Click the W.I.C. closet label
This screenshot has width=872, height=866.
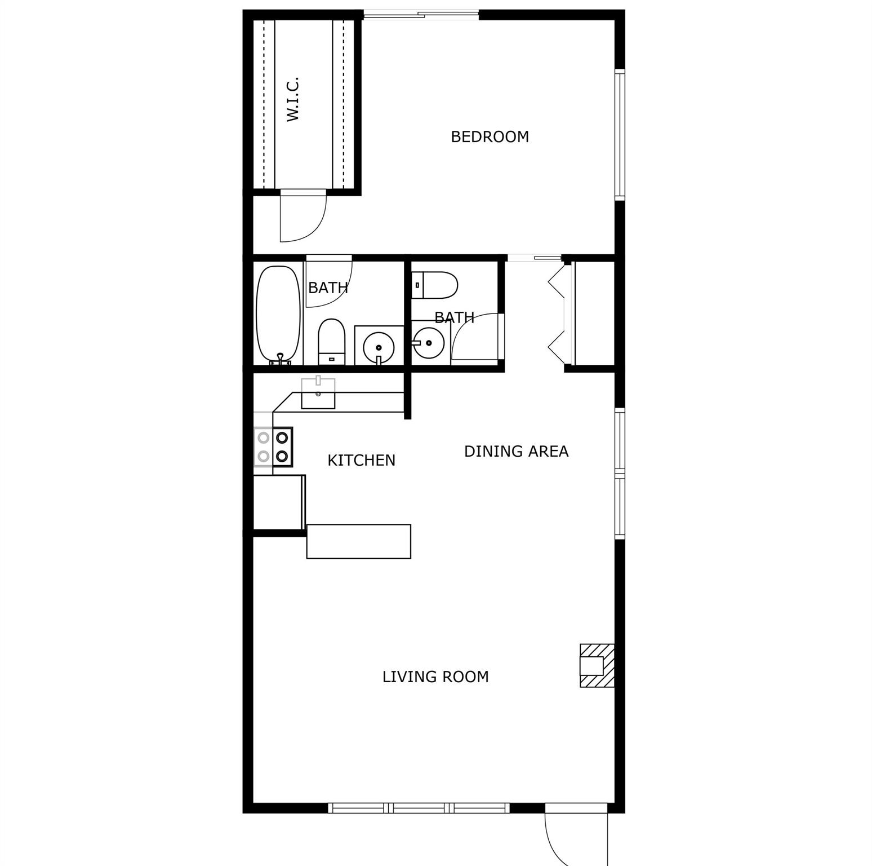click(293, 100)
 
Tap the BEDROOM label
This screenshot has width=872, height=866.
click(490, 137)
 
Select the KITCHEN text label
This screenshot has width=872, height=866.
click(361, 461)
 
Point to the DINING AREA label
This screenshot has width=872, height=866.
click(516, 451)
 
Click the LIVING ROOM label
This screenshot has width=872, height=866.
click(435, 677)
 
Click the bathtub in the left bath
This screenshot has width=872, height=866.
click(278, 315)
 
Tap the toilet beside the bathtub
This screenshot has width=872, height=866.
click(331, 342)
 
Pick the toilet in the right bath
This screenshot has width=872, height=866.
click(434, 285)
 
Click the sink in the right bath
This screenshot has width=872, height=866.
click(428, 342)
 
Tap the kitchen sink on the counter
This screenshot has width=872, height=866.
click(318, 393)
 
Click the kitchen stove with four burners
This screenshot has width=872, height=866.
click(273, 447)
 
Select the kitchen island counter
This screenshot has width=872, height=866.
click(358, 541)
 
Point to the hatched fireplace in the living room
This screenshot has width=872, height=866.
click(597, 665)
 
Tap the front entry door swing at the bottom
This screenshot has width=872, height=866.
click(576, 835)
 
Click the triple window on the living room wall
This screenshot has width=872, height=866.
click(419, 808)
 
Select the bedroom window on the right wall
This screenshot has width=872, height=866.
click(620, 135)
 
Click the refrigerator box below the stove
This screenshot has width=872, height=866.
click(279, 502)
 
